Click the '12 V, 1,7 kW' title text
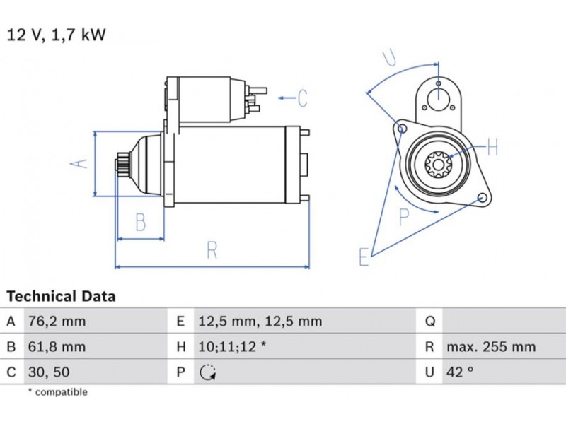56,35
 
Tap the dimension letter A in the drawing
81,163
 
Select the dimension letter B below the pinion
140,223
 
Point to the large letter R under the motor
212,250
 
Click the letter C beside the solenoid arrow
302,98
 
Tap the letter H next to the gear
492,147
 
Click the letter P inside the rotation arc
404,217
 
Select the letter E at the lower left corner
364,257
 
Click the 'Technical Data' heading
61,296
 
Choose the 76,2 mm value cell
56,322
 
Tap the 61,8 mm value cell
56,347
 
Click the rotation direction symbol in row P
208,372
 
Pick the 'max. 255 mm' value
491,347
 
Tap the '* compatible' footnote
57,392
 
